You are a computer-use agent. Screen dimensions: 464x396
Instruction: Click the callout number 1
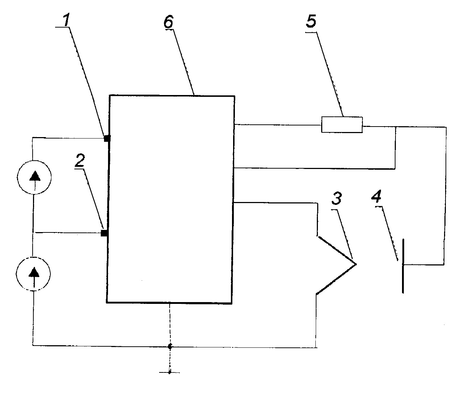[66, 20]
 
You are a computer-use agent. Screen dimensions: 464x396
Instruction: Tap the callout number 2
[80, 160]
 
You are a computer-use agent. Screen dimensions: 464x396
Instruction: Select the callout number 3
[337, 198]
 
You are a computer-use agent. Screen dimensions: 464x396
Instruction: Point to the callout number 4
[376, 196]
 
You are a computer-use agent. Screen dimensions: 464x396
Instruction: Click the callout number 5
[311, 21]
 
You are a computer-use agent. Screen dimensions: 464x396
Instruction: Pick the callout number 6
[169, 22]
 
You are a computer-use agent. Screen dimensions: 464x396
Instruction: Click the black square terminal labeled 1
[107, 139]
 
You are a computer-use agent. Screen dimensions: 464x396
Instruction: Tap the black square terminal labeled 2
[104, 233]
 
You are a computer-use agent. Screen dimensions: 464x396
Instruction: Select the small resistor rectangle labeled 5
[342, 125]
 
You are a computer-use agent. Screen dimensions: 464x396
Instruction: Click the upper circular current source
[34, 160]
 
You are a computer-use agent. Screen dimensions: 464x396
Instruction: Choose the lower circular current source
[33, 257]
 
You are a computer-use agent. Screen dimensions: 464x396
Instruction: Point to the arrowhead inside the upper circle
[35, 176]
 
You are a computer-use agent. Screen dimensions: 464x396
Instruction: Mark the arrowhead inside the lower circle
[34, 272]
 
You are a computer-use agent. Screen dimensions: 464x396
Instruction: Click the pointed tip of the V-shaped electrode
[356, 264]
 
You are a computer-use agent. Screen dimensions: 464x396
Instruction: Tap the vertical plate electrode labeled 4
[403, 266]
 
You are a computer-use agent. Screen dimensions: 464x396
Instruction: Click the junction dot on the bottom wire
[170, 347]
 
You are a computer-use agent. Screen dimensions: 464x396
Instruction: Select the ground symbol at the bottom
[170, 373]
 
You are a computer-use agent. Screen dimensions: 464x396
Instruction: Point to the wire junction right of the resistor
[396, 127]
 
